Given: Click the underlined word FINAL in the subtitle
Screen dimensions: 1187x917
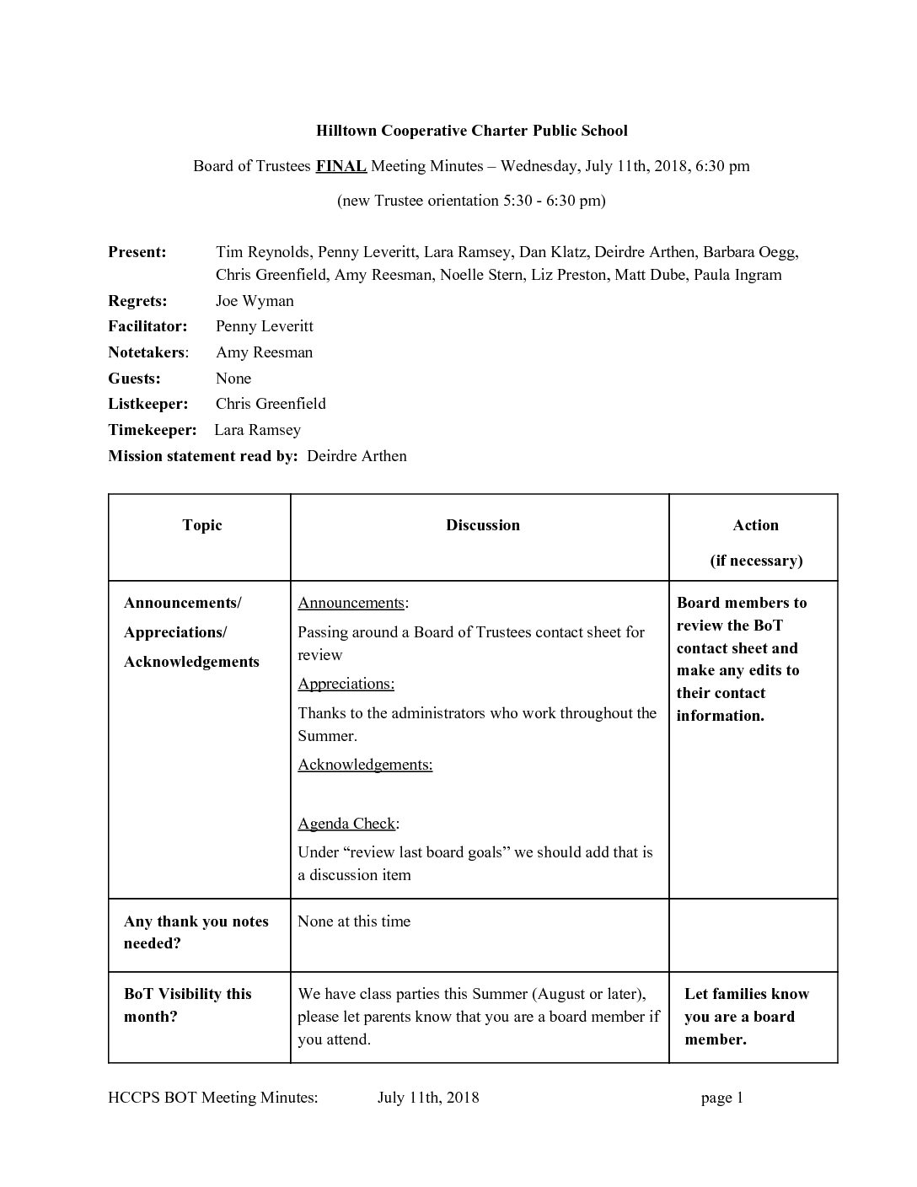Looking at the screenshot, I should point(341,166).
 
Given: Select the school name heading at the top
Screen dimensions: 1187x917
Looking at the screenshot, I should point(471,131).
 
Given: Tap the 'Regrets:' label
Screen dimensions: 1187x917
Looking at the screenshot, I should point(137,301).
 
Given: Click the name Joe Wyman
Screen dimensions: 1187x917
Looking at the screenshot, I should point(255,301).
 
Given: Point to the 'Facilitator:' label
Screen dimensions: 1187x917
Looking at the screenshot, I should point(147,326).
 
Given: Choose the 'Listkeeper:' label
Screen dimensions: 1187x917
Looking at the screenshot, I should point(147,404).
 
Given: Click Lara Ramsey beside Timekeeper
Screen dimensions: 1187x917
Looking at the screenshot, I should point(257,430).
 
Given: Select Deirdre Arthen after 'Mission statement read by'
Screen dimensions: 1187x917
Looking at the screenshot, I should point(357,456).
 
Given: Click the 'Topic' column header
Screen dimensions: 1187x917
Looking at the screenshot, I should point(202,525).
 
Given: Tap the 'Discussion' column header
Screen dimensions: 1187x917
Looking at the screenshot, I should point(483,525).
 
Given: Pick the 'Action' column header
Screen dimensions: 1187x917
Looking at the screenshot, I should point(755,525).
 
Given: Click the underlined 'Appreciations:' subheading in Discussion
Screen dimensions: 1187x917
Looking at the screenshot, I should point(346,684).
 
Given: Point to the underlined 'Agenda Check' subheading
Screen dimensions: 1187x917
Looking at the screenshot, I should point(346,824).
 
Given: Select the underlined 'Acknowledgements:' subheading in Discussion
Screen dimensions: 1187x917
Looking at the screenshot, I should point(365,765).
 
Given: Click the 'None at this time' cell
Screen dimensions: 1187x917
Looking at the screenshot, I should point(354,921).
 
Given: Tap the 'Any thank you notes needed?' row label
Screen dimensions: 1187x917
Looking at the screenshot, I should point(196,932).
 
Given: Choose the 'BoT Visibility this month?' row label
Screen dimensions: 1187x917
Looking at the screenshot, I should point(187,1005).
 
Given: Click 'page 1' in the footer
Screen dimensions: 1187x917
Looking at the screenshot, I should point(721,1098).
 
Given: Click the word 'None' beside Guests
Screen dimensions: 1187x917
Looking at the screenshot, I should point(233,379).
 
